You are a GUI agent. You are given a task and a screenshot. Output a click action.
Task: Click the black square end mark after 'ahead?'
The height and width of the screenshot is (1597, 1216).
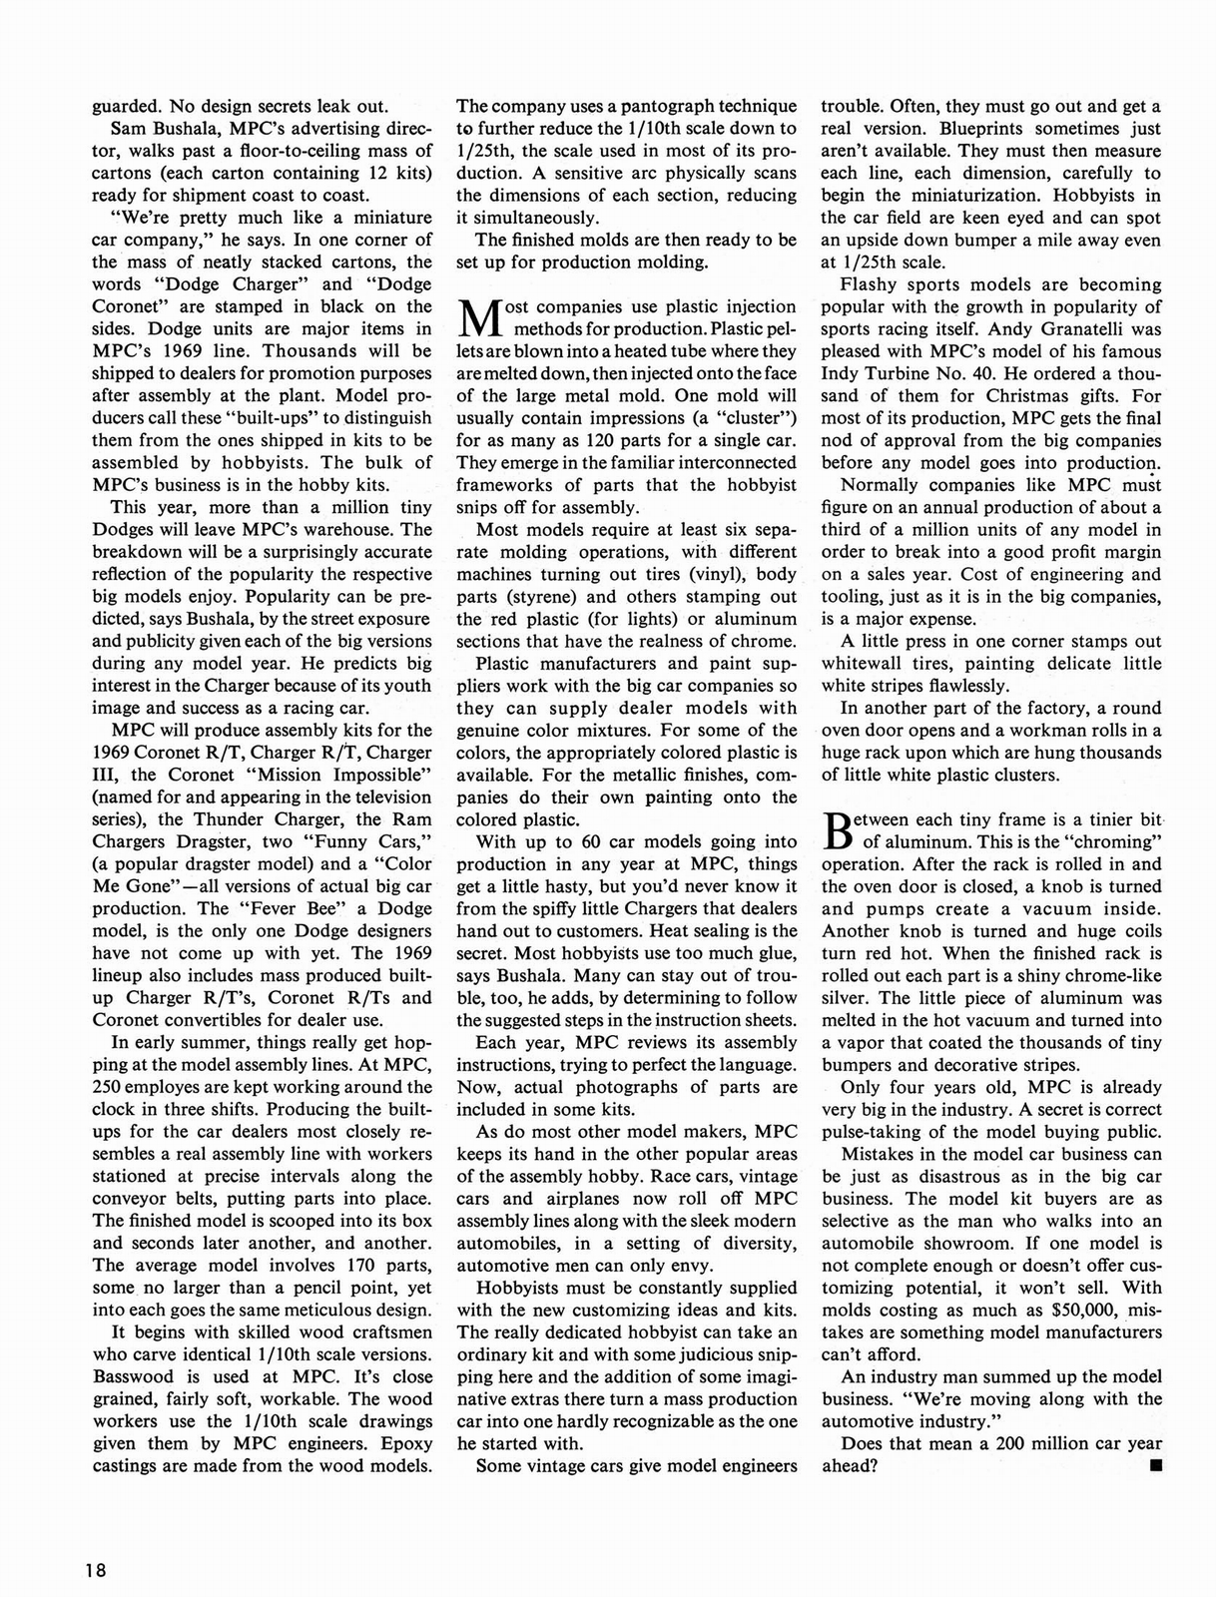(1155, 1465)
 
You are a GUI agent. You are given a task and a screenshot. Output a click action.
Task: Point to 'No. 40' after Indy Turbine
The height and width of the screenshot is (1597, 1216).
(1001, 373)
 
